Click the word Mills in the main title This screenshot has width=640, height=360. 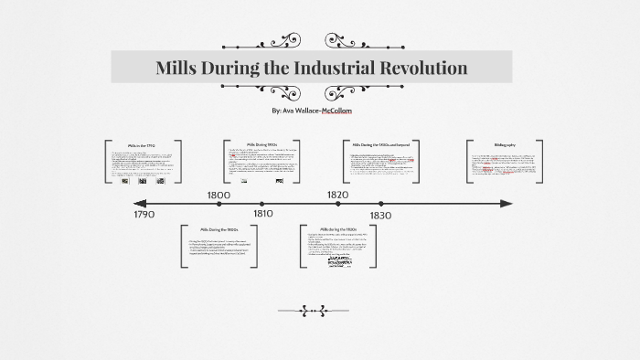click(180, 68)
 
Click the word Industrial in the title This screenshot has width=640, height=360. click(337, 68)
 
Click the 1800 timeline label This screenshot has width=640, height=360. click(219, 195)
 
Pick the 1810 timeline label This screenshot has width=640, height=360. click(263, 214)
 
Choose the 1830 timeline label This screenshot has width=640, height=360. click(381, 214)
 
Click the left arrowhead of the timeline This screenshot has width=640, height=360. click(137, 203)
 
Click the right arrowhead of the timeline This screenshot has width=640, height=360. click(506, 203)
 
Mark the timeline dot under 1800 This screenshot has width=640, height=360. click(218, 204)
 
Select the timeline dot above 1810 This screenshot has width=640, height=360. click(263, 204)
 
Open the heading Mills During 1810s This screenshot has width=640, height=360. click(261, 144)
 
